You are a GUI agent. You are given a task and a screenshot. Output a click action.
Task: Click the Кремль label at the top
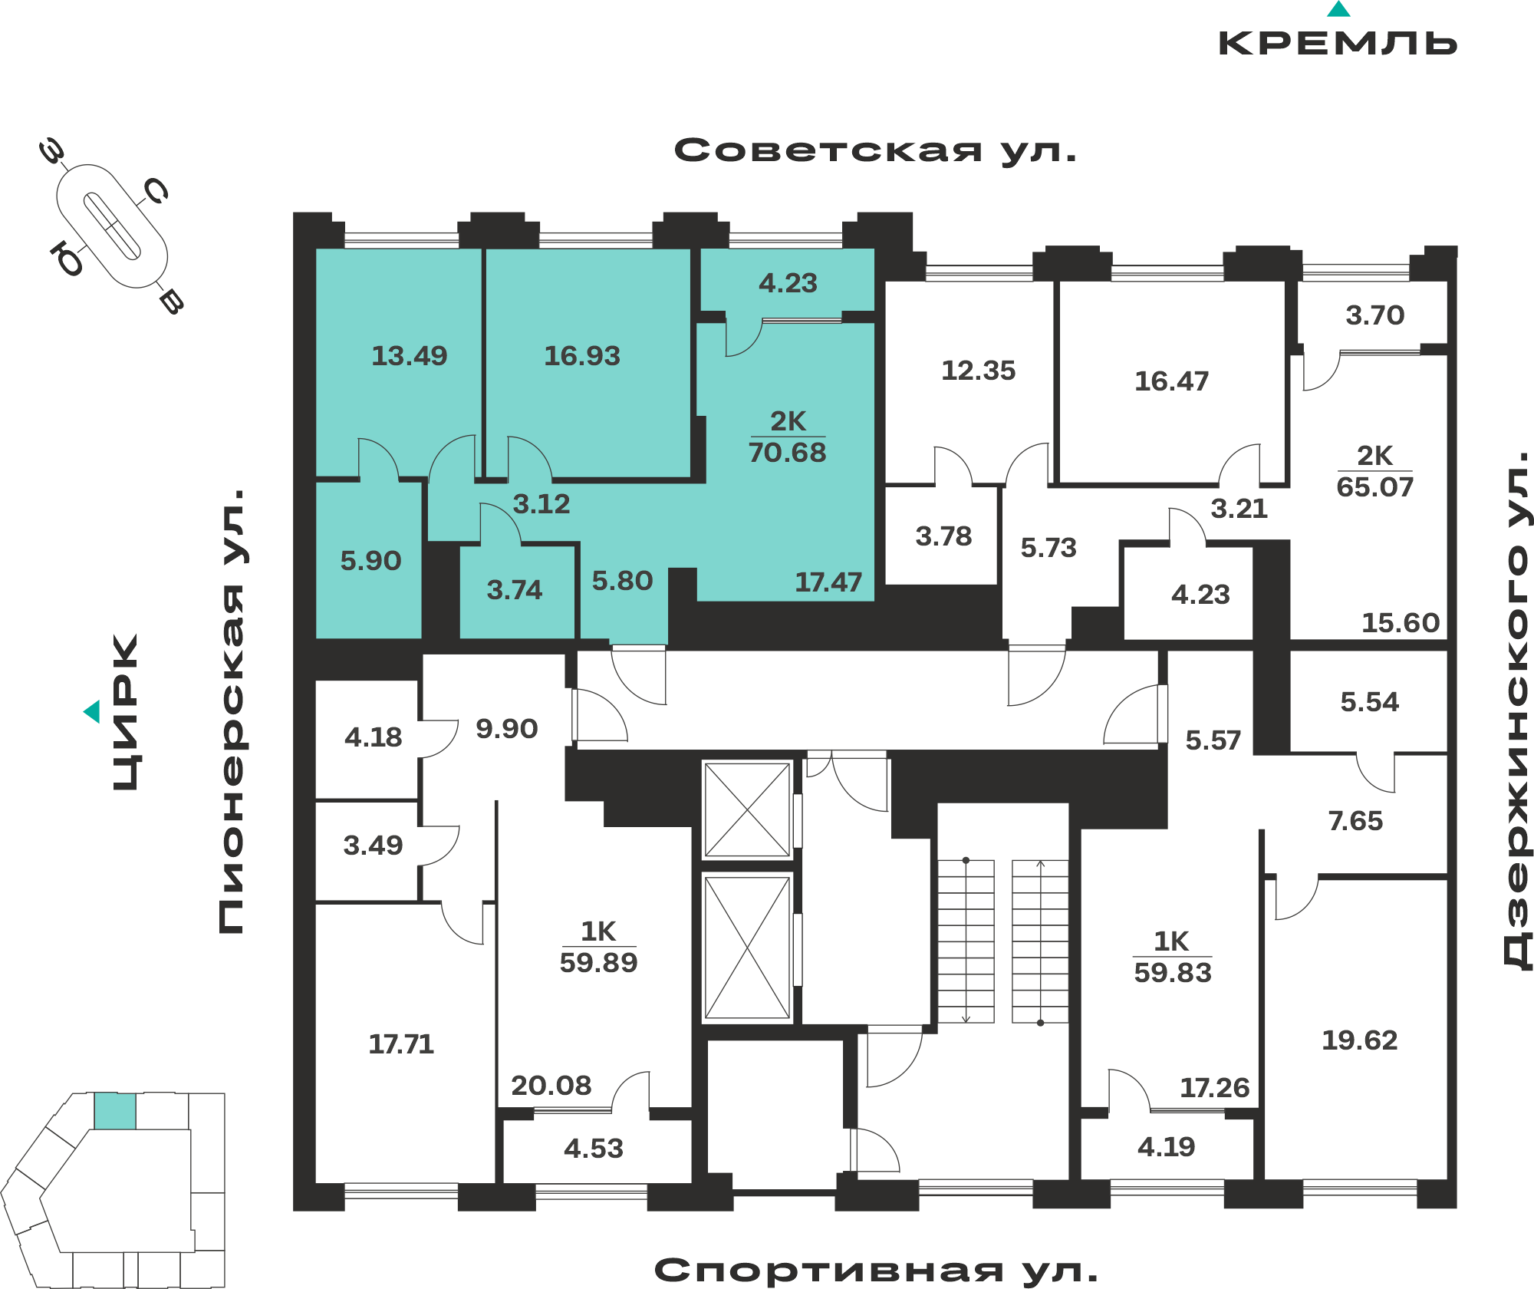pyautogui.click(x=1338, y=43)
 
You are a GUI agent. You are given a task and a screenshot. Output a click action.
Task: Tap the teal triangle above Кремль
pyautogui.click(x=1338, y=9)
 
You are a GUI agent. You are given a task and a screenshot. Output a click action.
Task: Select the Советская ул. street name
pyautogui.click(x=876, y=150)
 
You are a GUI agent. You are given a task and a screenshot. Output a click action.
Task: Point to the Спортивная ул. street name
pyautogui.click(x=876, y=1271)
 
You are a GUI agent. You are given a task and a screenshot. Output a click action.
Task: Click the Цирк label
pyautogui.click(x=126, y=712)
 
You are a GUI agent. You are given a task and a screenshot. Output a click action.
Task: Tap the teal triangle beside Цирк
pyautogui.click(x=92, y=711)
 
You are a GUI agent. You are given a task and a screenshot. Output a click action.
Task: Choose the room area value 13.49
pyautogui.click(x=409, y=356)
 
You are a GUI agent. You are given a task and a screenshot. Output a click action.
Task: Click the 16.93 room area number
pyautogui.click(x=582, y=356)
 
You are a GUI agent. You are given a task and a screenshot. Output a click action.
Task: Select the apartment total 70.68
pyautogui.click(x=788, y=453)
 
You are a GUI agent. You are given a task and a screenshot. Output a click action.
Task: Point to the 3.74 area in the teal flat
pyautogui.click(x=515, y=590)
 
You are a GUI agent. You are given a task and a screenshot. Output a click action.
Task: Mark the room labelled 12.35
pyautogui.click(x=978, y=371)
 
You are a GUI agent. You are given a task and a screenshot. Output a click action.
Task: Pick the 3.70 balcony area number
pyautogui.click(x=1375, y=315)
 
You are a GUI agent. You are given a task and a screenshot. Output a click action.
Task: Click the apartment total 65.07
pyautogui.click(x=1374, y=487)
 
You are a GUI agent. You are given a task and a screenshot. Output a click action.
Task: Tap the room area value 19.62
pyautogui.click(x=1359, y=1040)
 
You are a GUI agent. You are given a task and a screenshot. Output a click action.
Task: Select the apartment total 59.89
pyautogui.click(x=598, y=963)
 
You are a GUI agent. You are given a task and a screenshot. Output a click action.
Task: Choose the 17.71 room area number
pyautogui.click(x=401, y=1044)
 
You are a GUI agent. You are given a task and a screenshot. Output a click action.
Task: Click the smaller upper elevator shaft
pyautogui.click(x=748, y=809)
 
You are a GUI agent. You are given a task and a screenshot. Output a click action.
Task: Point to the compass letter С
pyautogui.click(x=156, y=191)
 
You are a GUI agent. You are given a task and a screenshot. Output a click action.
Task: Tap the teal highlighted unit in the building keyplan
pyautogui.click(x=115, y=1111)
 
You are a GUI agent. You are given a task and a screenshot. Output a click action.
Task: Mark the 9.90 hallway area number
pyautogui.click(x=506, y=729)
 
